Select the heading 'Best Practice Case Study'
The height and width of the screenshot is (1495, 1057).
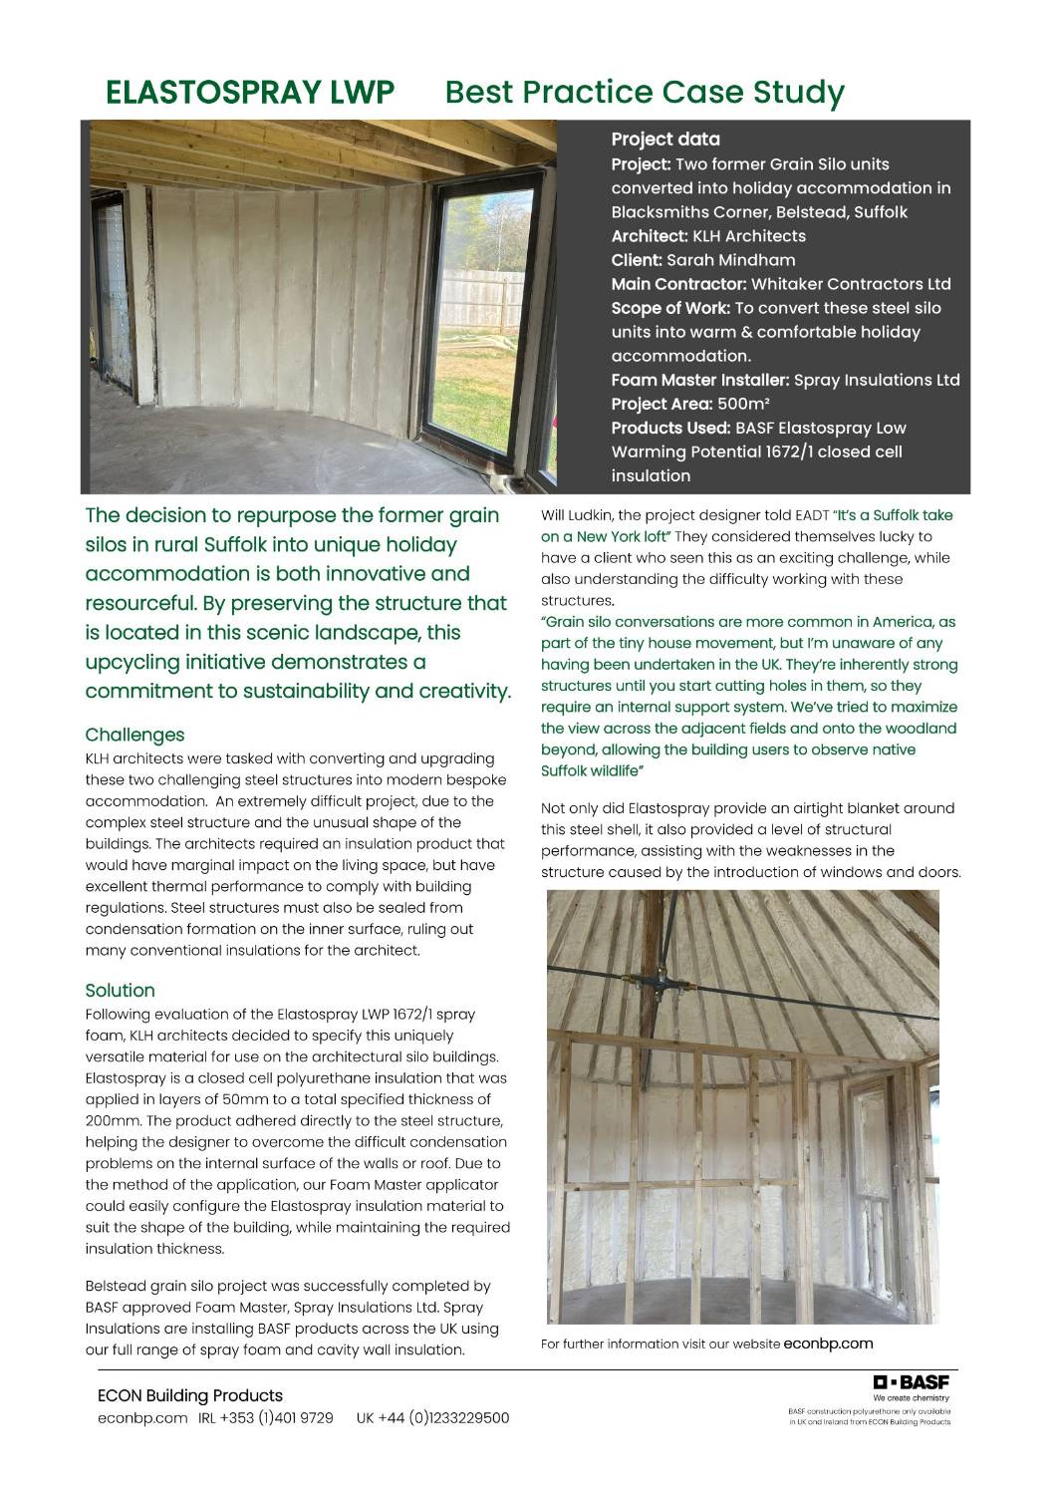coord(645,93)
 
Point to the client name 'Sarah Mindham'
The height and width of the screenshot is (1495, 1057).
coord(730,260)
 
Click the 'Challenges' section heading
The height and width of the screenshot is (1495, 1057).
coord(134,735)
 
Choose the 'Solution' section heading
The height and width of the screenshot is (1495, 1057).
coord(120,990)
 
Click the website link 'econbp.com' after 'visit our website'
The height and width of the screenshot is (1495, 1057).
coord(828,1344)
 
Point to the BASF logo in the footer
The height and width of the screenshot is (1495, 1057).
coord(911,1382)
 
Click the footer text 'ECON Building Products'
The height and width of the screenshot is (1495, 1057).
coord(189,1395)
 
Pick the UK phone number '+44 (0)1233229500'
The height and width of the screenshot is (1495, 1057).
coord(442,1418)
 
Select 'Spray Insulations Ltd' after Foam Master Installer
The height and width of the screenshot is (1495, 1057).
coord(877,380)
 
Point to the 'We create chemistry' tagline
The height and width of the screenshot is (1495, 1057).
coord(912,1398)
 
